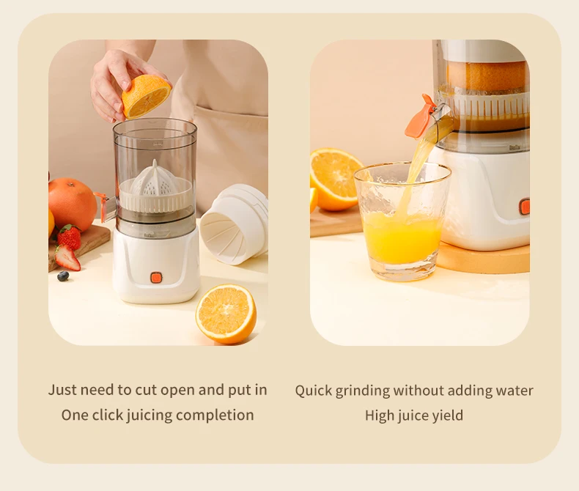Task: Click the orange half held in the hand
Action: coord(147,96)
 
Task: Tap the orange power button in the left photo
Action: coord(156,278)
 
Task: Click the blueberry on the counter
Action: coord(63,276)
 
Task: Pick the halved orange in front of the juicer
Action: coord(226,314)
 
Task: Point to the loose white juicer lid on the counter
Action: coord(235,224)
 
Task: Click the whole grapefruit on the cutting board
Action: coord(73,204)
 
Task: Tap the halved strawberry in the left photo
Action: coord(67,258)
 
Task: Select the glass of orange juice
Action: coord(402,221)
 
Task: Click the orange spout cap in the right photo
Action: coord(420,118)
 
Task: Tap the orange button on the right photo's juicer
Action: coord(525,207)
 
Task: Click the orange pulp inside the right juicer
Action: coord(487,76)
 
